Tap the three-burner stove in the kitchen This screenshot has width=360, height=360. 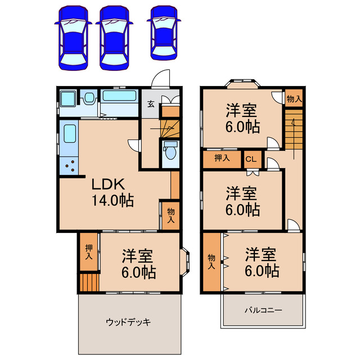tap(70, 165)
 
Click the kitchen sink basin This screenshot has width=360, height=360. tap(70, 134)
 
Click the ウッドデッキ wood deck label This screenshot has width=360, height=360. tap(129, 322)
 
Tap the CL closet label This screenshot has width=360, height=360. tap(251, 159)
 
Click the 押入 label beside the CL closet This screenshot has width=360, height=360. tap(222, 158)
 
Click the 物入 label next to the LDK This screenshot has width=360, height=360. tap(170, 215)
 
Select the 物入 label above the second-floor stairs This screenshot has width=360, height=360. tap(294, 99)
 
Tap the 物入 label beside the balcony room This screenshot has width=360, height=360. tap(211, 262)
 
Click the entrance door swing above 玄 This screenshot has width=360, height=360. tap(162, 79)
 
